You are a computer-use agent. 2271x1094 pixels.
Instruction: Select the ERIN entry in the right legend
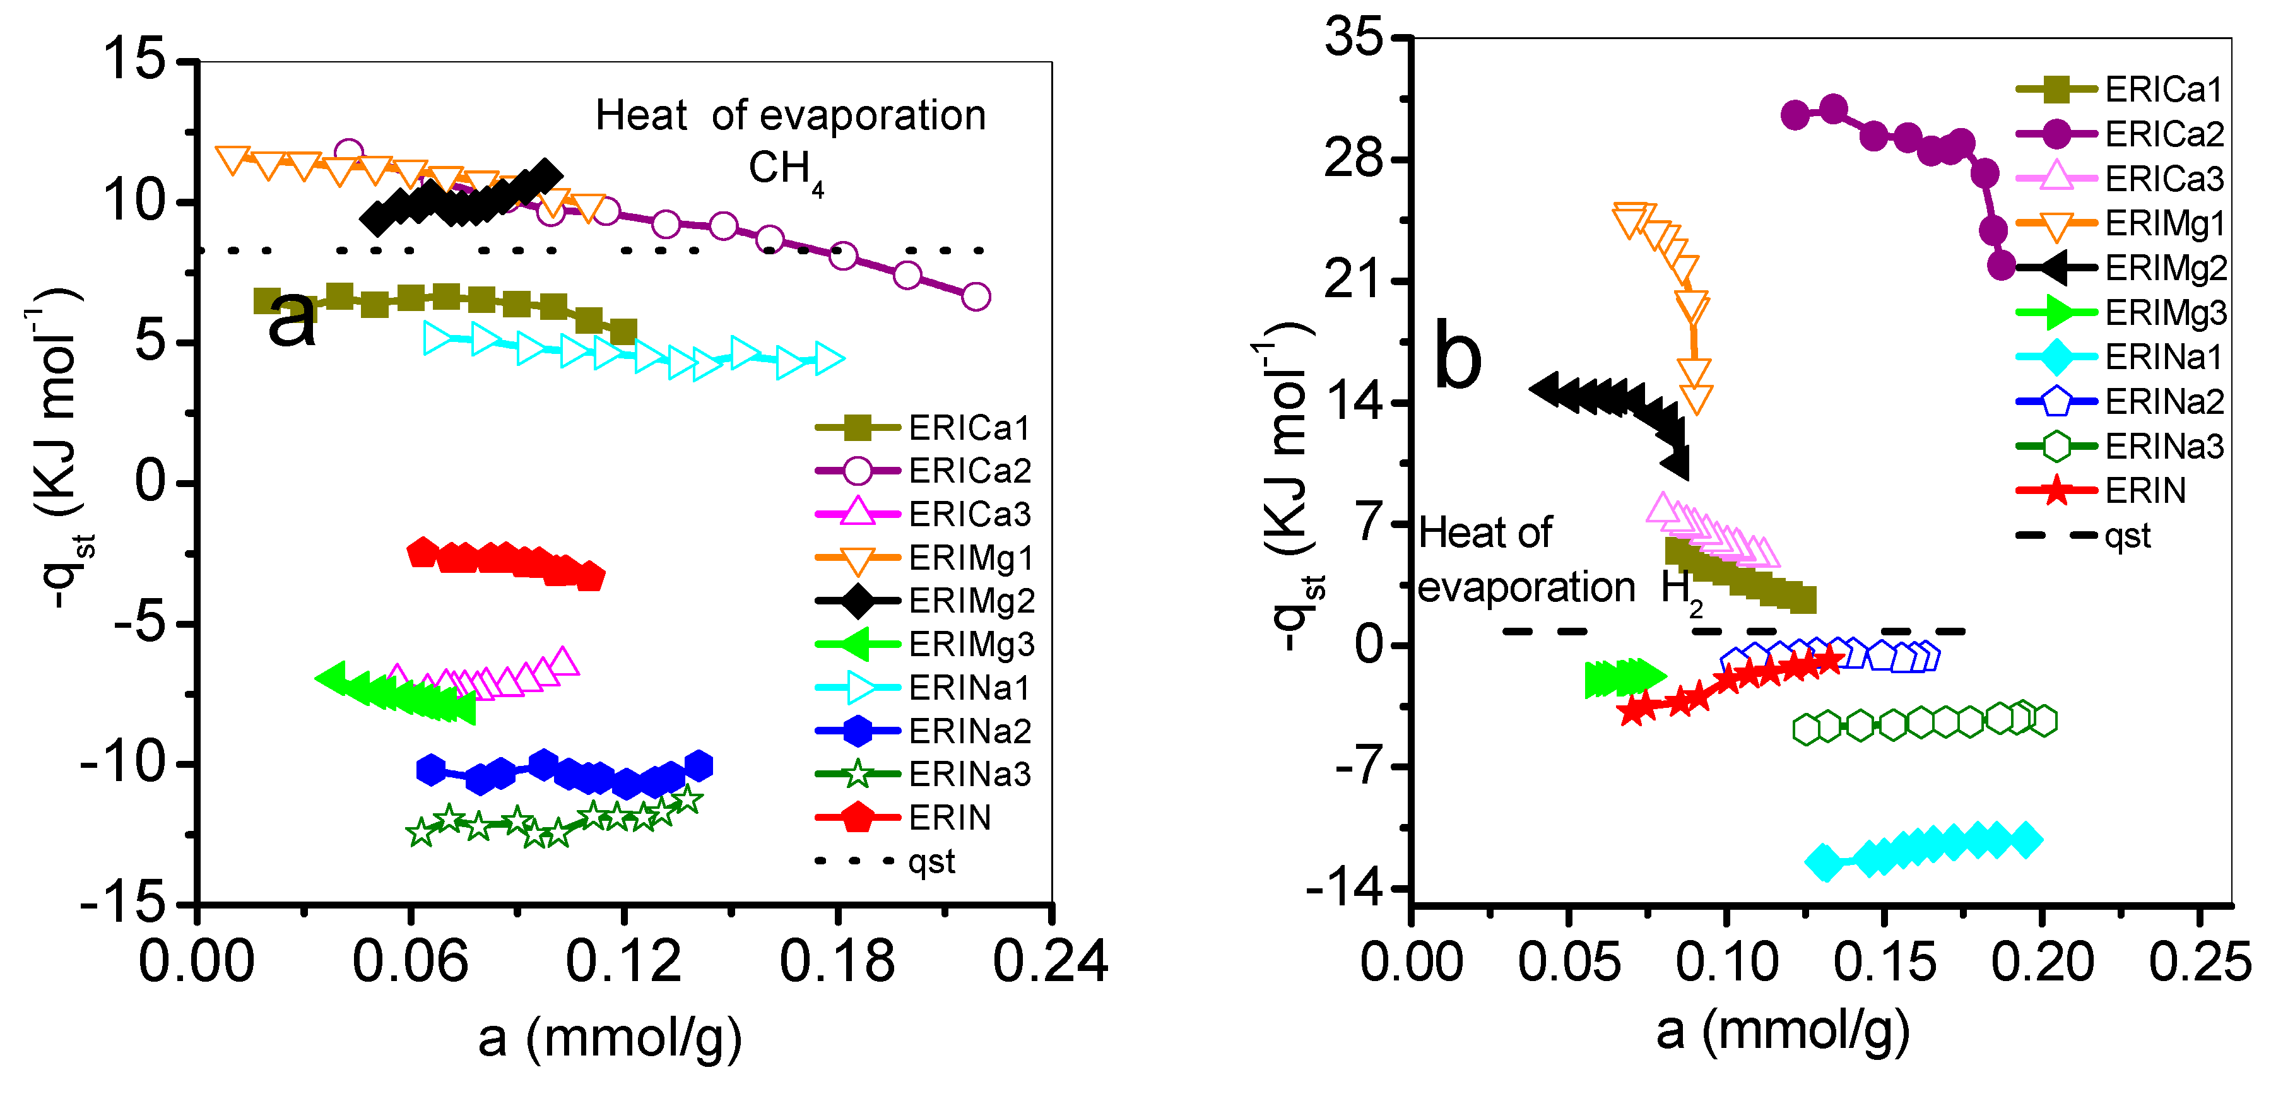2145,490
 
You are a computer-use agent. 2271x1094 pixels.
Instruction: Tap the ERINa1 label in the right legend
2164,357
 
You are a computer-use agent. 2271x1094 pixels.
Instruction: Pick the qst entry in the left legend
932,861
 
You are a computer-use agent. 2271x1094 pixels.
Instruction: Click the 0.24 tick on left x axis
1050,961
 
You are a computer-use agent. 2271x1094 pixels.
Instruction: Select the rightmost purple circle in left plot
975,297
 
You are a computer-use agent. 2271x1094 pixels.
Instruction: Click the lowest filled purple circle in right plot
2002,264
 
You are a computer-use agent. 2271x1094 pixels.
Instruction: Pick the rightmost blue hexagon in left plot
699,765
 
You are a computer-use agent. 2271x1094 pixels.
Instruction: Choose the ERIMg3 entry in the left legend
970,644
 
